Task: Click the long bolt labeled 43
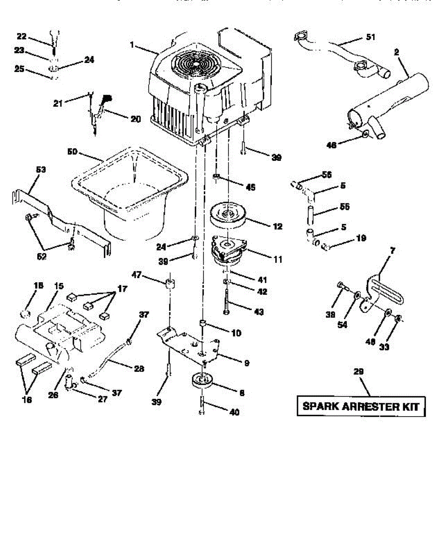227,302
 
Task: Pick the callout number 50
72,152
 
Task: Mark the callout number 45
251,187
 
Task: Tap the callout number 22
21,36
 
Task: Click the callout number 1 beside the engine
132,44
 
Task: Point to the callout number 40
234,412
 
